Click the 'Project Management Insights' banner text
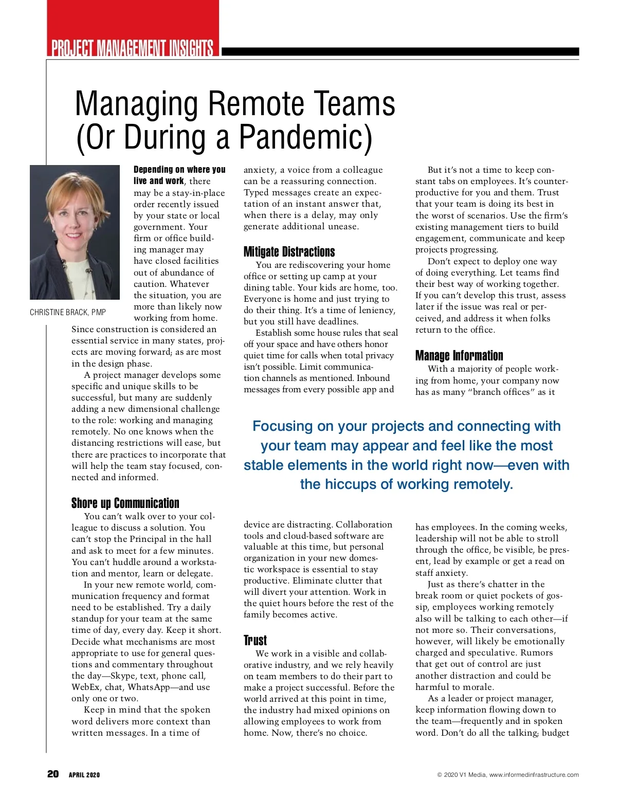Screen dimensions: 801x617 coord(132,48)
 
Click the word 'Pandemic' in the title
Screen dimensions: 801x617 coord(305,137)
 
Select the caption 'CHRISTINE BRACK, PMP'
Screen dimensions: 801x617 coord(68,313)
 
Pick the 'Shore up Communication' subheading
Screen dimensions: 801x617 coord(125,503)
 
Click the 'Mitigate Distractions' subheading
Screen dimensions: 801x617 coord(289,251)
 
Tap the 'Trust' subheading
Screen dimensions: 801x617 coord(255,640)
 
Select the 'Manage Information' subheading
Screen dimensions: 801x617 coord(459,355)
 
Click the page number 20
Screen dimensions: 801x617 coord(53,774)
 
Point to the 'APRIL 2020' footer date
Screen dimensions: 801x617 coord(84,775)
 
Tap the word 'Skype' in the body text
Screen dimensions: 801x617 coord(123,676)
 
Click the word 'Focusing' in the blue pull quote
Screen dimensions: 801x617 coord(282,426)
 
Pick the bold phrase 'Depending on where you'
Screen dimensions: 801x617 coord(179,170)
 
